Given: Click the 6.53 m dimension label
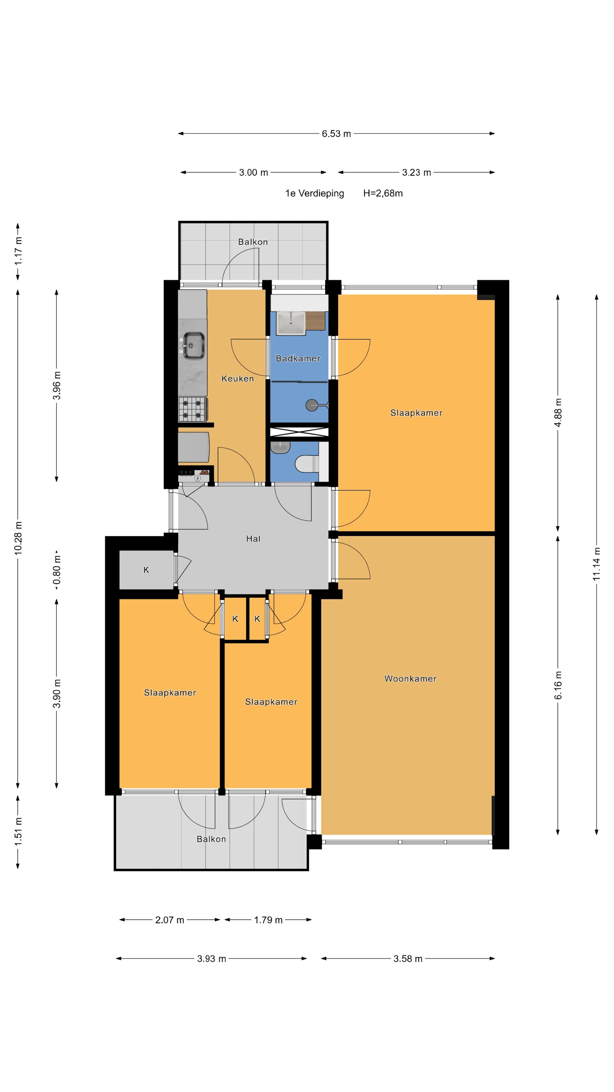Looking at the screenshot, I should pyautogui.click(x=336, y=133).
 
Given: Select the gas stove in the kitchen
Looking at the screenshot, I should pyautogui.click(x=192, y=409).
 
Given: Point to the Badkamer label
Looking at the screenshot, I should pyautogui.click(x=298, y=359).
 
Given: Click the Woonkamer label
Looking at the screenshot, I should pyautogui.click(x=410, y=679).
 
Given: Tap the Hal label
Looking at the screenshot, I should pyautogui.click(x=253, y=539).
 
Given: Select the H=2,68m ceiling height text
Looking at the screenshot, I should pyautogui.click(x=383, y=193).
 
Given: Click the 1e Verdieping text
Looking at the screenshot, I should pyautogui.click(x=314, y=193).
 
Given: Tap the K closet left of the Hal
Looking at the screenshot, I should pyautogui.click(x=146, y=570).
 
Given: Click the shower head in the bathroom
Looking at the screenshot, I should pyautogui.click(x=312, y=405).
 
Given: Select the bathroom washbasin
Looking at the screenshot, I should pyautogui.click(x=291, y=323).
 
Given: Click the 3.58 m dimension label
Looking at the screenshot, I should pyautogui.click(x=408, y=959).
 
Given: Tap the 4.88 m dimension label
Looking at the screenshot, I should pyautogui.click(x=558, y=412).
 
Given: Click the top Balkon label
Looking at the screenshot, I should pyautogui.click(x=253, y=242).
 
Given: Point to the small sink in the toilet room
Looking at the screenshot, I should pyautogui.click(x=280, y=446).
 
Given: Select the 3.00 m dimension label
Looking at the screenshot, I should pyautogui.click(x=253, y=172).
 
